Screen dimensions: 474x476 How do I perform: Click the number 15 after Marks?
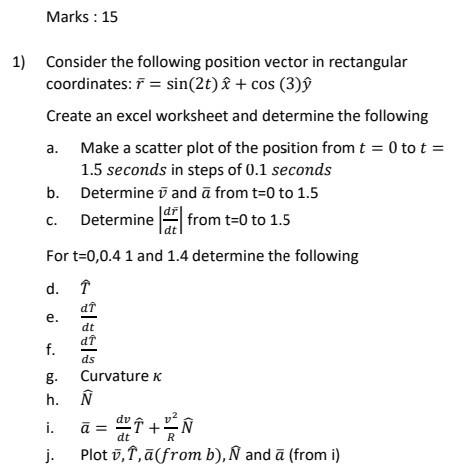(x=109, y=17)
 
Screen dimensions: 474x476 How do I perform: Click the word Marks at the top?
(x=67, y=17)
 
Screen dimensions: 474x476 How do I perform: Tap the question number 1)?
(x=20, y=62)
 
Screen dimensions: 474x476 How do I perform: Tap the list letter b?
(x=52, y=192)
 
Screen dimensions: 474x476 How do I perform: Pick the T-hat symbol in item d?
(x=86, y=288)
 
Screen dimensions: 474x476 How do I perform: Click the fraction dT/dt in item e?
(x=89, y=318)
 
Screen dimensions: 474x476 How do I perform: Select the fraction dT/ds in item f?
(x=89, y=350)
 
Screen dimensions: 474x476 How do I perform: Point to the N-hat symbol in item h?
(x=86, y=400)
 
